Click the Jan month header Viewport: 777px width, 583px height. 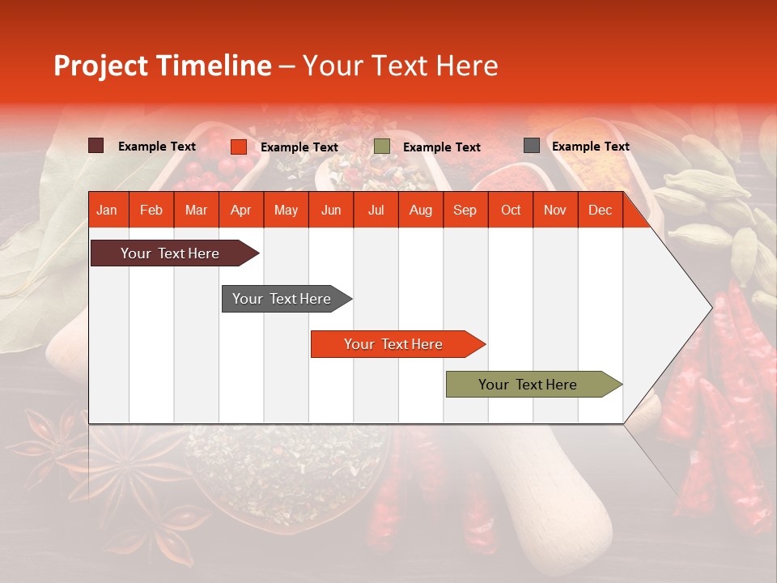tap(107, 210)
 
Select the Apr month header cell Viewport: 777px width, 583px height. tap(240, 210)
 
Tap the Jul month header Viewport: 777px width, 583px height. tap(376, 210)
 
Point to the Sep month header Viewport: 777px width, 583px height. tap(465, 210)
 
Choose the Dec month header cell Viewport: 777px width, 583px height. tap(600, 210)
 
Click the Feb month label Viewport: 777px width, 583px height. tap(151, 210)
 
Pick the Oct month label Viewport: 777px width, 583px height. tap(511, 210)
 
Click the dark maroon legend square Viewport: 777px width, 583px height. tap(96, 146)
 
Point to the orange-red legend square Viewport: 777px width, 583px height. tap(238, 147)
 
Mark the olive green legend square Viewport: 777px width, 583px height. tap(382, 147)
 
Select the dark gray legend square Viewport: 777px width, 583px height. tap(532, 146)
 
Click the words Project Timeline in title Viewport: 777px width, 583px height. tap(163, 66)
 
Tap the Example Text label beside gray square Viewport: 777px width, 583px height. tap(590, 147)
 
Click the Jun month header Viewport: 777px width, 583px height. tap(331, 210)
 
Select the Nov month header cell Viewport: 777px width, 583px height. tap(555, 210)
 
